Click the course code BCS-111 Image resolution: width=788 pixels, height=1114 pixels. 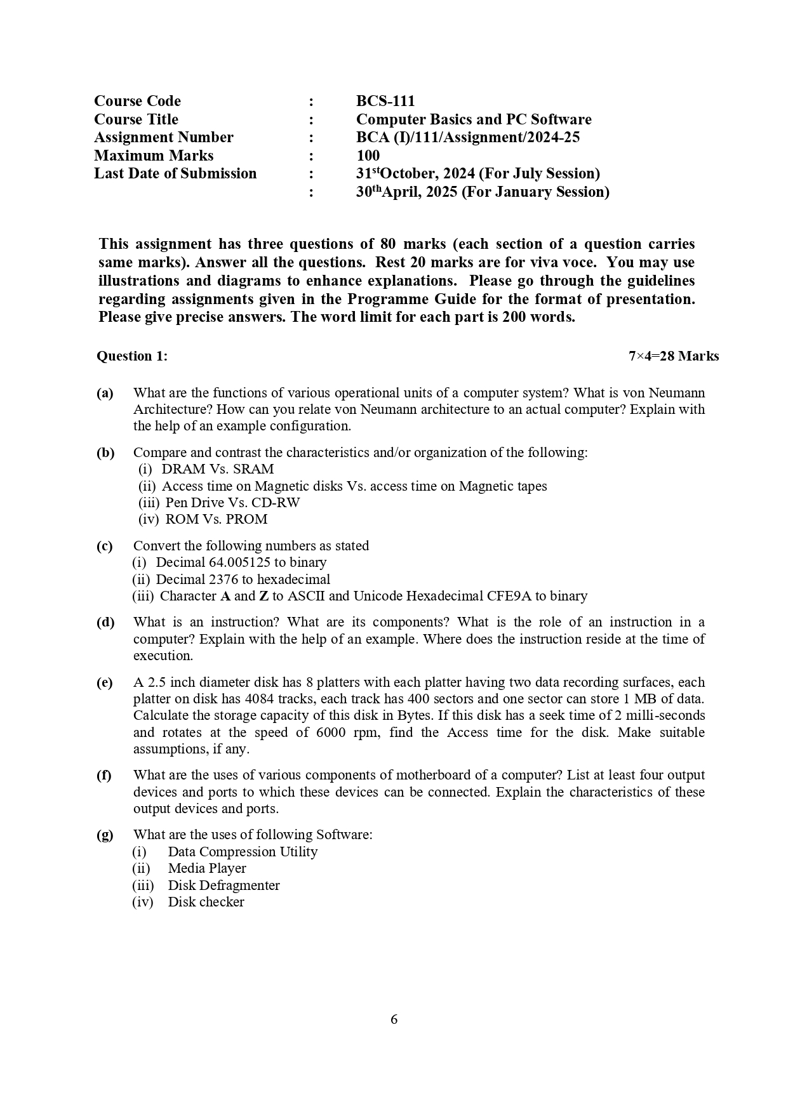coord(385,101)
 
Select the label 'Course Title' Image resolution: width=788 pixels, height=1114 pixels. coord(136,119)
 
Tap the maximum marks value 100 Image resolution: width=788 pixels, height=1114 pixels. coord(368,156)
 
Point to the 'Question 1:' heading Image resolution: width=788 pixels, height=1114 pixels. coord(132,356)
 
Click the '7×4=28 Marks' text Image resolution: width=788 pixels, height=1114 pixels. coord(673,356)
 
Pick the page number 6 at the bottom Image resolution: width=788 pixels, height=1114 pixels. coord(394,1019)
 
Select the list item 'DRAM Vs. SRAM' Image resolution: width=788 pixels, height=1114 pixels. coord(217,469)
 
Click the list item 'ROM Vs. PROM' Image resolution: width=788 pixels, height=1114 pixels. coord(216,519)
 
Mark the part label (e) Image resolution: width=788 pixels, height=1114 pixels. coord(105,682)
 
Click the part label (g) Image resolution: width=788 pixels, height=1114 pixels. coord(105,835)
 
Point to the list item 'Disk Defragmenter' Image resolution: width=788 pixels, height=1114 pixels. coord(224,885)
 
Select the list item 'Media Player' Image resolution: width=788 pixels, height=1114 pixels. coord(206,868)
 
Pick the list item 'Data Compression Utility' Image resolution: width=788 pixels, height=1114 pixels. coord(243,852)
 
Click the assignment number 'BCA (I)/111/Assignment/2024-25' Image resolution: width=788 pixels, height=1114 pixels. coord(467,137)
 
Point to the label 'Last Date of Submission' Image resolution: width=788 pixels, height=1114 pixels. coord(175,173)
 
